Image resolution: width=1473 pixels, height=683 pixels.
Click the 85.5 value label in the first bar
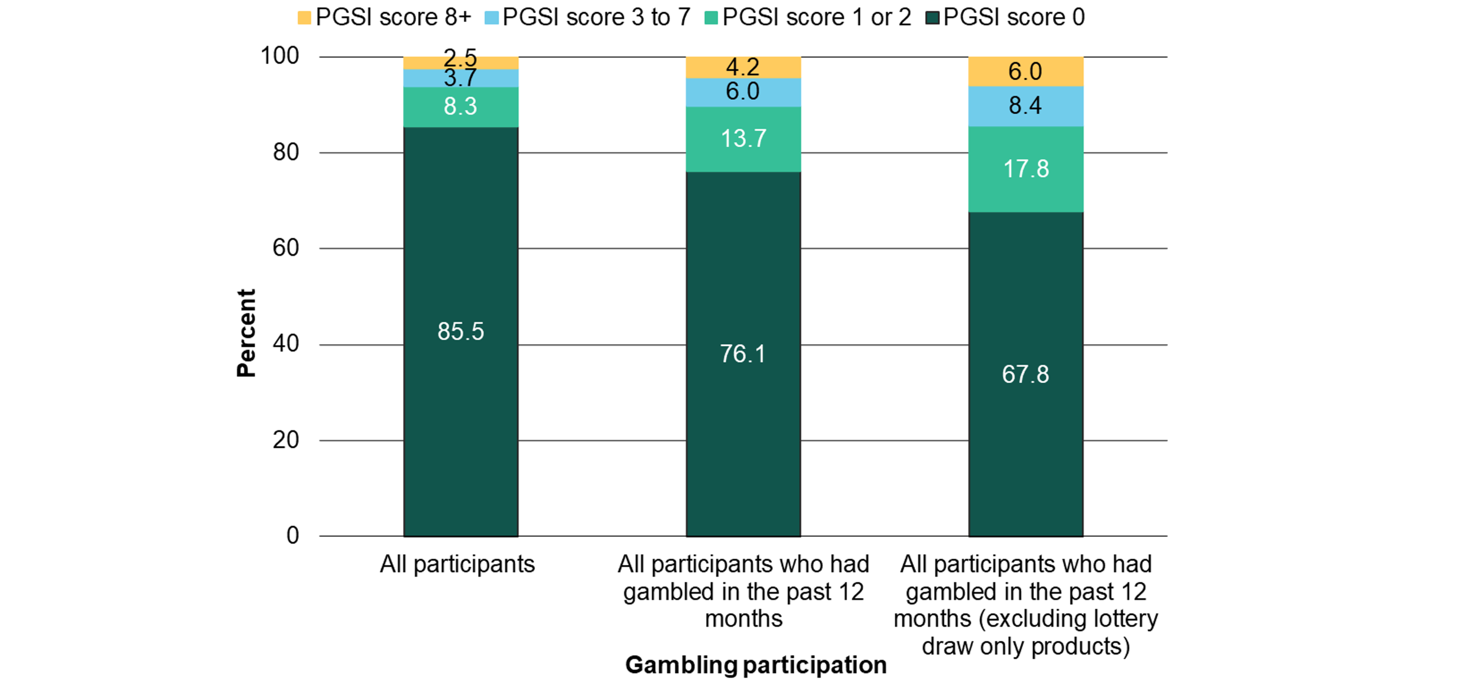[460, 331]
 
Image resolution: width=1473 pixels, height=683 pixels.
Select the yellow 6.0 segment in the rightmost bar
[1025, 71]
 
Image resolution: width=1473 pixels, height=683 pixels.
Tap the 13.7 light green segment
[743, 139]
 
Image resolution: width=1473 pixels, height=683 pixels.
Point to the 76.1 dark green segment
[743, 354]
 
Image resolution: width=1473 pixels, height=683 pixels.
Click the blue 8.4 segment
[1025, 106]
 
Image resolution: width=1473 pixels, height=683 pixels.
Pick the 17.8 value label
[1026, 169]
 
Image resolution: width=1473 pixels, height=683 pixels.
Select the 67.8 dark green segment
[1025, 374]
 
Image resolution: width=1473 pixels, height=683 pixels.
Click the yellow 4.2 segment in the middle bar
[743, 67]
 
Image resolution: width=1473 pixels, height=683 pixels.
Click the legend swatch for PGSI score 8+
[304, 18]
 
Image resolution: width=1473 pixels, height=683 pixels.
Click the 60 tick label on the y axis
[285, 248]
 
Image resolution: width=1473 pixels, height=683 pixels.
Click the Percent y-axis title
[246, 333]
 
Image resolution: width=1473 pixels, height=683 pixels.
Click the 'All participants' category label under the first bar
[457, 565]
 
